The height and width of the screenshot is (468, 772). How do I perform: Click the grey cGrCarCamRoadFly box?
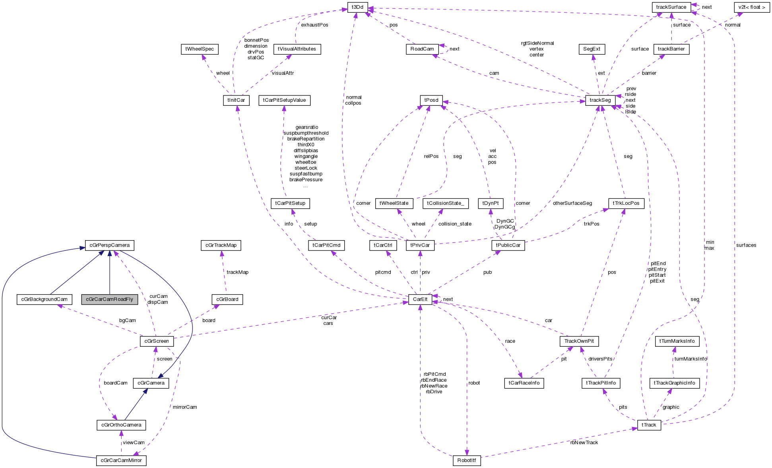[x=109, y=299]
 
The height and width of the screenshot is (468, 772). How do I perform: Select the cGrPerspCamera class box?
[x=109, y=245]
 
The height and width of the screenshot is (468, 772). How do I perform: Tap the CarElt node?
[x=420, y=299]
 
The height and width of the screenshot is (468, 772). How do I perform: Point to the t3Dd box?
[x=357, y=7]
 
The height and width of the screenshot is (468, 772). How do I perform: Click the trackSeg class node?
[x=600, y=100]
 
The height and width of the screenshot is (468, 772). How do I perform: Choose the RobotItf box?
[x=466, y=460]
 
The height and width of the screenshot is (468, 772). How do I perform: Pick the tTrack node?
[x=649, y=425]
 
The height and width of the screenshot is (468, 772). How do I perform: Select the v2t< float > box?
[x=752, y=7]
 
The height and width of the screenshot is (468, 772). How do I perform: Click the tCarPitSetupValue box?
[x=284, y=100]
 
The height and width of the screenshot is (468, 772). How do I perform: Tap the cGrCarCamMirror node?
[x=121, y=460]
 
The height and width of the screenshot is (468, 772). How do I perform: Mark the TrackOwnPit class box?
[x=579, y=341]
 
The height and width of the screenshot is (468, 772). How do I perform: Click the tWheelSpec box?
[x=200, y=49]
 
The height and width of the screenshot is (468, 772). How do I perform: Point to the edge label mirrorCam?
[x=185, y=407]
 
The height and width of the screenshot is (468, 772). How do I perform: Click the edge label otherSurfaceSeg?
[x=572, y=203]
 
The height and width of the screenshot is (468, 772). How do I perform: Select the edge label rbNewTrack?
[x=584, y=443]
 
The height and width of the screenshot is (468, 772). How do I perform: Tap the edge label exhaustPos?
[x=314, y=25]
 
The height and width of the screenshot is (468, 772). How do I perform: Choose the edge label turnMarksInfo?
[x=691, y=359]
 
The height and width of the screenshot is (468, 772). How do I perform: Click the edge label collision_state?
[x=455, y=224]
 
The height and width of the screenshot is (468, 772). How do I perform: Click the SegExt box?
[x=592, y=49]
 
